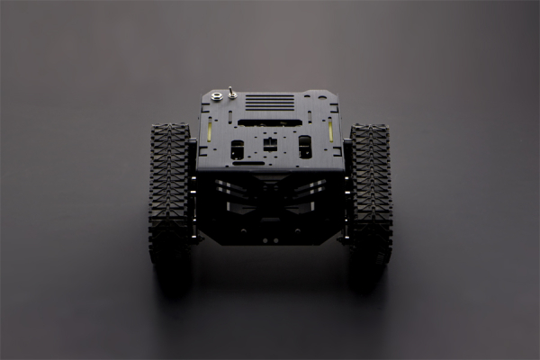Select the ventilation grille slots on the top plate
point(270,102)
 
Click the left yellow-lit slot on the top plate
point(210,131)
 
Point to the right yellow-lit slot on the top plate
point(330,131)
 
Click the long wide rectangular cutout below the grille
point(270,122)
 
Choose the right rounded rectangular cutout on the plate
point(304,146)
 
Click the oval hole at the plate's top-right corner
point(320,94)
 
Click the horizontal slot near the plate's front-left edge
point(248,163)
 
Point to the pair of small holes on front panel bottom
point(270,239)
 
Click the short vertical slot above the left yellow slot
point(210,116)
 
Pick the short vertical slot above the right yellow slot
point(330,116)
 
